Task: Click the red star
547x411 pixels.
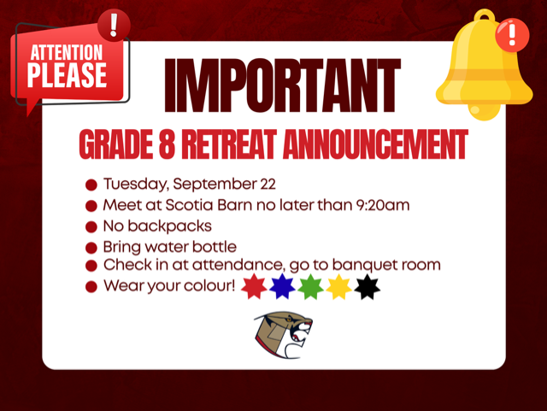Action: (254, 287)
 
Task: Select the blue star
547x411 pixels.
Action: (282, 287)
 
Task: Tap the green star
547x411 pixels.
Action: (310, 287)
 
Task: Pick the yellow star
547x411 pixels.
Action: (338, 287)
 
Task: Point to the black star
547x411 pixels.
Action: (367, 287)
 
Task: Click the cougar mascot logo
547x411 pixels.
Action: (283, 335)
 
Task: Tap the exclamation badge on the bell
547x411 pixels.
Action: (512, 35)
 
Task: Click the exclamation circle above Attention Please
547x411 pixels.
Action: (114, 25)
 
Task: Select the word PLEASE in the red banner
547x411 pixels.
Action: (67, 75)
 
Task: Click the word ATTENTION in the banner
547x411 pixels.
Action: (67, 53)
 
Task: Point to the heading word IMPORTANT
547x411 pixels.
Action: (283, 85)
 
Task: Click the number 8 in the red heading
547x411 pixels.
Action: (167, 144)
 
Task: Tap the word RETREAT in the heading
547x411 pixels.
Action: (229, 144)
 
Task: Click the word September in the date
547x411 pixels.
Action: (215, 185)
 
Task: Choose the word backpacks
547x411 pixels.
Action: (169, 226)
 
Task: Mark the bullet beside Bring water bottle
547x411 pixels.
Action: (91, 248)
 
